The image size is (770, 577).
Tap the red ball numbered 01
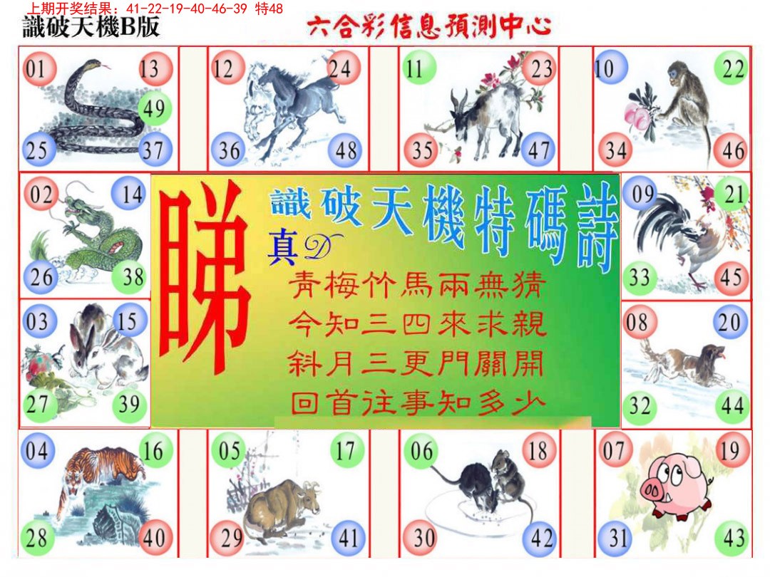[x=36, y=69]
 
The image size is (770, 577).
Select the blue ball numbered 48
[x=346, y=150]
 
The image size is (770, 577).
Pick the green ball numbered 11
[x=414, y=69]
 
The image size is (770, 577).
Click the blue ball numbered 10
[x=608, y=69]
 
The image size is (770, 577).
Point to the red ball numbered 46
[x=732, y=150]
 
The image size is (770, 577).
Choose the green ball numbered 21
[x=732, y=194]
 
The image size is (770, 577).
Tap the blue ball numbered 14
[x=132, y=194]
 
